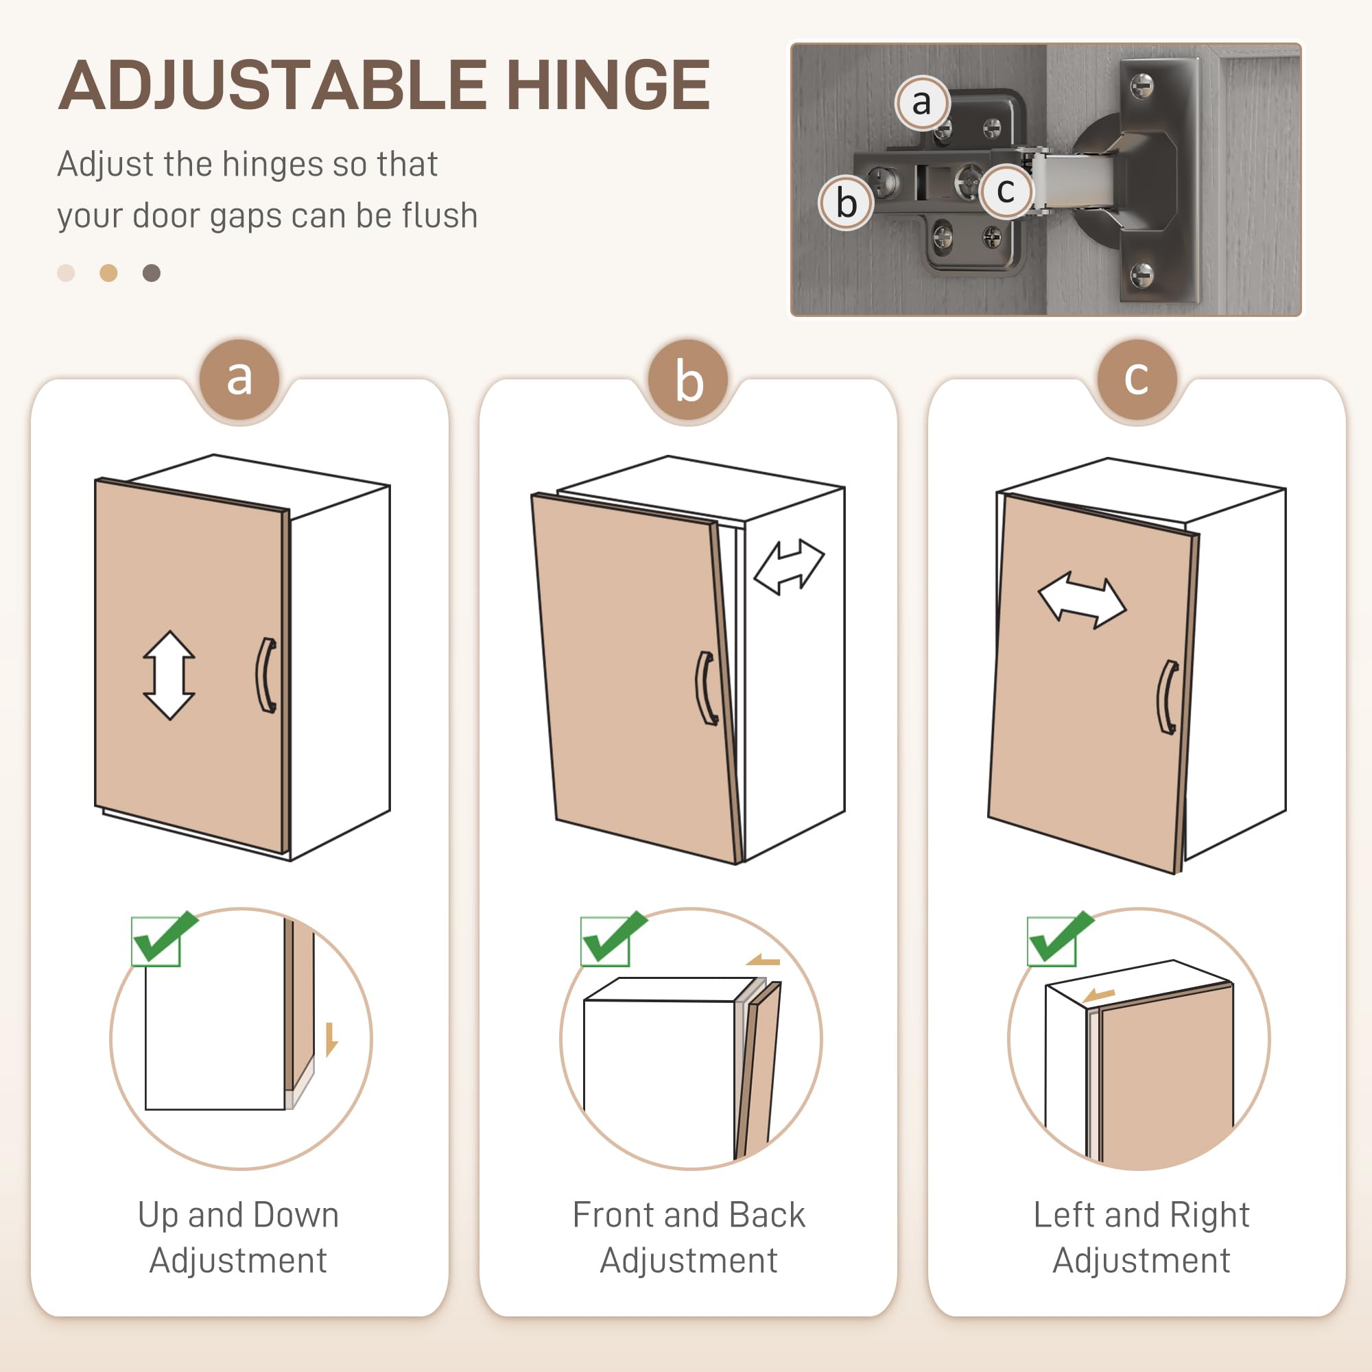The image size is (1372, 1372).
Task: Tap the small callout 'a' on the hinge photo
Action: click(x=921, y=103)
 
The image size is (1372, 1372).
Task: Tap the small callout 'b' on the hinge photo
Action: click(x=846, y=203)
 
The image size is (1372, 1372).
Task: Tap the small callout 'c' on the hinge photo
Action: click(x=1005, y=190)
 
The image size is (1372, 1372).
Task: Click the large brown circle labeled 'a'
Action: click(x=239, y=379)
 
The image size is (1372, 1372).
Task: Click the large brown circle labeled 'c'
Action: click(x=1136, y=379)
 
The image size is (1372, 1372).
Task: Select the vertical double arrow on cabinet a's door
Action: click(x=169, y=674)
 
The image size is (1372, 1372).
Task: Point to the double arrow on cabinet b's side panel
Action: click(x=788, y=567)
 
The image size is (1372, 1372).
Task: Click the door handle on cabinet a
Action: click(x=266, y=674)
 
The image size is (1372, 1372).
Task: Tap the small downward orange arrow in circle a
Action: click(x=331, y=1039)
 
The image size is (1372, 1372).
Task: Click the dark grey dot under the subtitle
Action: click(x=151, y=274)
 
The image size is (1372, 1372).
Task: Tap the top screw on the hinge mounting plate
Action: click(x=1142, y=86)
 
